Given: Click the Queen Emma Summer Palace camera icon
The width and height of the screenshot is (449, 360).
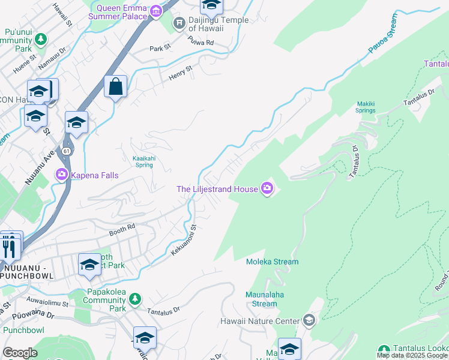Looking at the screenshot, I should pos(156,11).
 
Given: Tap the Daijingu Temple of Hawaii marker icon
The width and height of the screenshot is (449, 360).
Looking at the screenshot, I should pos(178,23).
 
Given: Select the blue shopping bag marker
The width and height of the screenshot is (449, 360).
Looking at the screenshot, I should pos(115,86).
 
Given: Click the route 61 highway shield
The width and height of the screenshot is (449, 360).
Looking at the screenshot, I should pos(67,150).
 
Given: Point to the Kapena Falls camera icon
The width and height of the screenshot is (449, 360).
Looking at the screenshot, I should pos(61,175).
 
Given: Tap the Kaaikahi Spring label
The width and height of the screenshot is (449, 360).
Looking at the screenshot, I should pos(138,161).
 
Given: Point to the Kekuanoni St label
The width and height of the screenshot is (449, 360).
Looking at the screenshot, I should pos(184,241).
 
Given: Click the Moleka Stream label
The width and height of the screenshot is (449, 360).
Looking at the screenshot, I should pos(272,262).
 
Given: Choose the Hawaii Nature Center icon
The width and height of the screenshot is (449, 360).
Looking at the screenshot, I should pos(309,320).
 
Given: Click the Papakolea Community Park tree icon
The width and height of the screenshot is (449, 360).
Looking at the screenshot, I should pos(135,298).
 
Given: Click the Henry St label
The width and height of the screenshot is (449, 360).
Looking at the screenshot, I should pos(181,72).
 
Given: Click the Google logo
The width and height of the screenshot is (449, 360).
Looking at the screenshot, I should pos(20,353).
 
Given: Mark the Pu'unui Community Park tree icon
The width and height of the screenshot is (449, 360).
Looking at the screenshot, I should pos(40,40).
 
